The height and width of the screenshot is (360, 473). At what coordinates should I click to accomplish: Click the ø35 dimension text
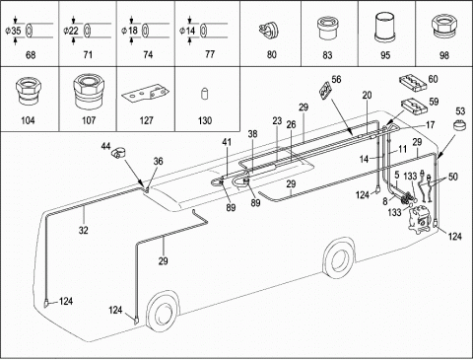coord(14,31)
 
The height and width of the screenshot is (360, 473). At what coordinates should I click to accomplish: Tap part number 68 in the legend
coord(31,54)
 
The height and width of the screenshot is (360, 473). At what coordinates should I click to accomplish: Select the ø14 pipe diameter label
coord(187,31)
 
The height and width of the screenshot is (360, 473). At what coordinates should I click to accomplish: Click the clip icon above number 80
coord(269,29)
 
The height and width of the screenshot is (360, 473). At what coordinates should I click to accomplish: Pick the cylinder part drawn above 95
coord(385,28)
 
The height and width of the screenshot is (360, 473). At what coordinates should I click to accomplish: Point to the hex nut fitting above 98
coord(444,28)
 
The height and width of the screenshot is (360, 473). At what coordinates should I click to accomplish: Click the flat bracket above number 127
coord(146,95)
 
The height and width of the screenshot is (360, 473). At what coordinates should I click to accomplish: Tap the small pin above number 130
coord(204,94)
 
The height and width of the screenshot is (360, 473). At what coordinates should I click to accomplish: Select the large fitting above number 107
coord(89,92)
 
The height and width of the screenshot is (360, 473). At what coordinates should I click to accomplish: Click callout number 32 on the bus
coord(84,230)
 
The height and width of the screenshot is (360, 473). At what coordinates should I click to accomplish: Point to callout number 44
coord(105,146)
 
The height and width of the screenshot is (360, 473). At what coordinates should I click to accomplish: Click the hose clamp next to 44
coord(119,153)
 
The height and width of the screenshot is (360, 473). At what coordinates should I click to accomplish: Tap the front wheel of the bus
coord(163,310)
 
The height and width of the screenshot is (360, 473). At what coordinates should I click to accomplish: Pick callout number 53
coord(460,110)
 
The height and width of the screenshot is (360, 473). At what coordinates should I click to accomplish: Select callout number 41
coord(227,142)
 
